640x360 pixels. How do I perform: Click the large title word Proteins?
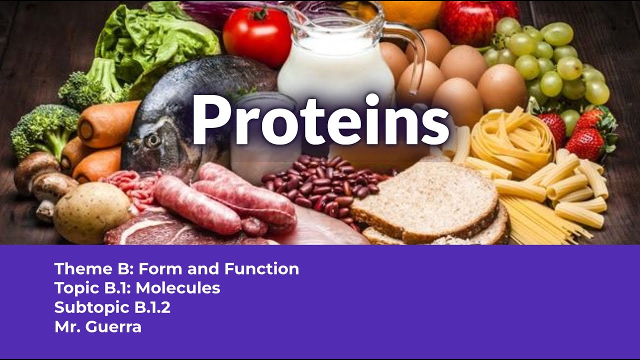320,120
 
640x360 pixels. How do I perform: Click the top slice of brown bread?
425,200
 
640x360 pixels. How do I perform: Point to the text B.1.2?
152,307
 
